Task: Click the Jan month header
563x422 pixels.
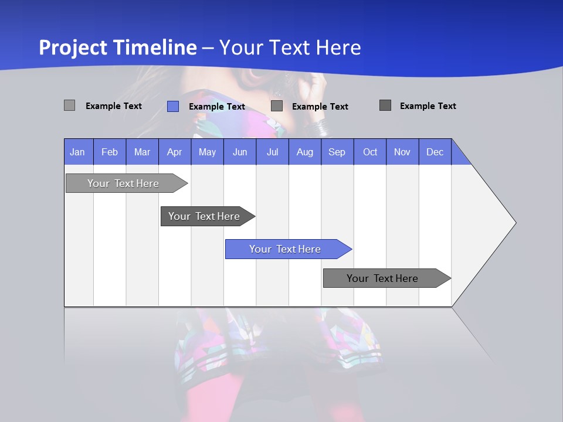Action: (78, 152)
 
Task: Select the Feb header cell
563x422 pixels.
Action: (110, 152)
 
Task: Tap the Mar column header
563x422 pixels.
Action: (142, 152)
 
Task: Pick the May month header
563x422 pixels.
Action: (207, 152)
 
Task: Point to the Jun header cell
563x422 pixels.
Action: (240, 152)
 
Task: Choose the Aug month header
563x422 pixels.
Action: (304, 152)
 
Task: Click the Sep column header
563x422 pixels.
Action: (337, 152)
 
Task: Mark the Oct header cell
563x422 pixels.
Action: (370, 152)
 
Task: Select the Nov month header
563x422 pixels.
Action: (402, 152)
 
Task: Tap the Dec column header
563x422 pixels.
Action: (435, 152)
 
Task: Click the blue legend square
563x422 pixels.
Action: (173, 106)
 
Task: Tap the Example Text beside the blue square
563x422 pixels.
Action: (217, 107)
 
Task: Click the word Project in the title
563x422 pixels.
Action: (73, 47)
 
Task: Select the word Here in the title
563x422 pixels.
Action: (338, 47)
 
